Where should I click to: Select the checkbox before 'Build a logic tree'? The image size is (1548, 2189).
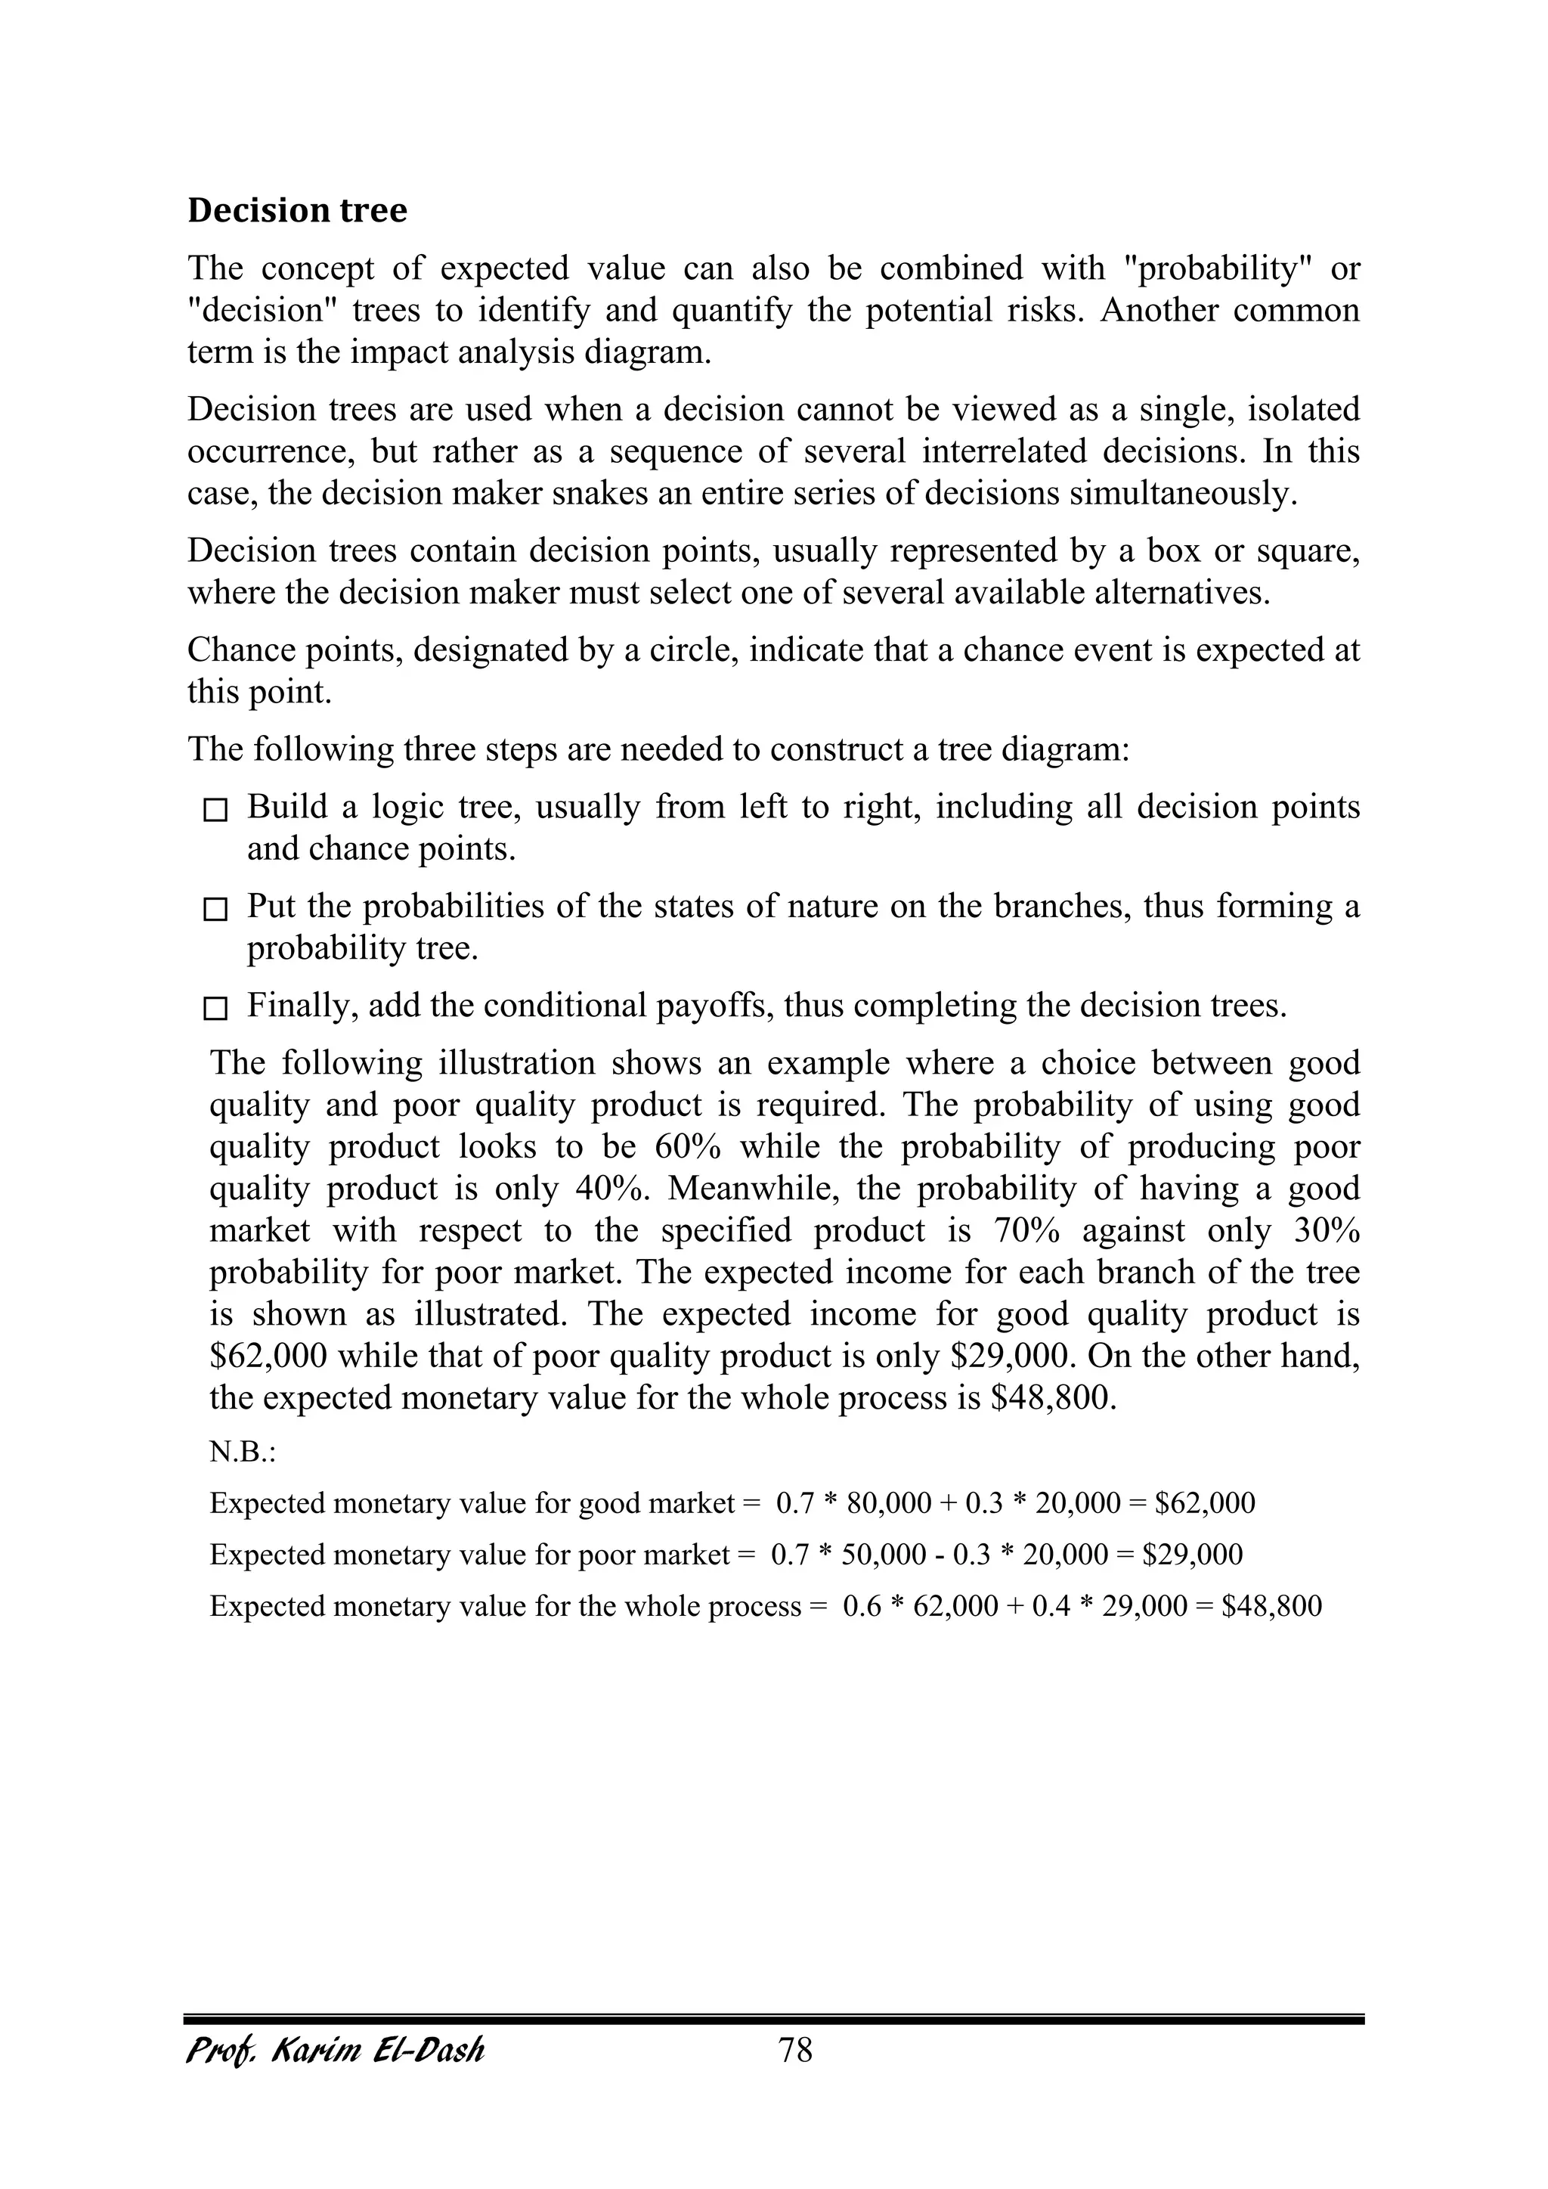click(x=216, y=811)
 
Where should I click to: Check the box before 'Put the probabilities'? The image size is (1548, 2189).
click(x=216, y=910)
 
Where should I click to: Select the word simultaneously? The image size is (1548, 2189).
click(x=1183, y=494)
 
